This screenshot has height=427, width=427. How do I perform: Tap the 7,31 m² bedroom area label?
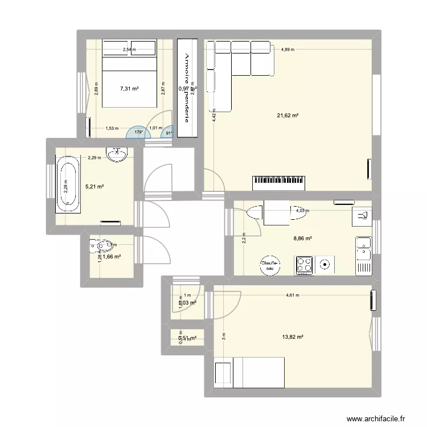(129, 88)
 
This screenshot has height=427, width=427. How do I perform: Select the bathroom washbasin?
(116, 154)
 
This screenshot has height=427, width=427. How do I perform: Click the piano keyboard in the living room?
(283, 182)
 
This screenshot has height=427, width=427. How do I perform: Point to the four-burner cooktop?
(305, 264)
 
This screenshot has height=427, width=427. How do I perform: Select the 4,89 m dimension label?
(288, 50)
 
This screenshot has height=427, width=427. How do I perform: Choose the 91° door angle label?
(169, 134)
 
